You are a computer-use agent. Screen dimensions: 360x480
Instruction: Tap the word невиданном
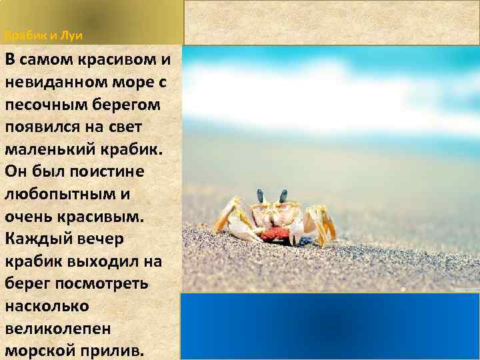(51, 83)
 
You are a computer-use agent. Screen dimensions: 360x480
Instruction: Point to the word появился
(39, 127)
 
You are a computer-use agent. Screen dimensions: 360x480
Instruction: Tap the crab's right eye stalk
(283, 195)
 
